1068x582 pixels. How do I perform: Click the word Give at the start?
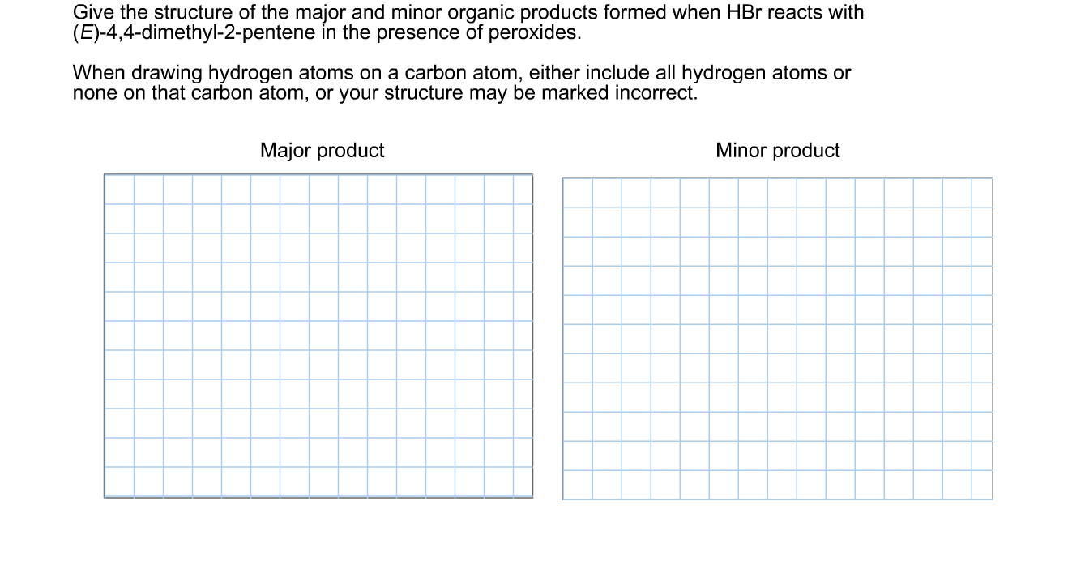click(x=92, y=13)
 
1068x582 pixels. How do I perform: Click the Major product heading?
click(x=322, y=151)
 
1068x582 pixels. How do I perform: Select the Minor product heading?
click(x=777, y=151)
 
